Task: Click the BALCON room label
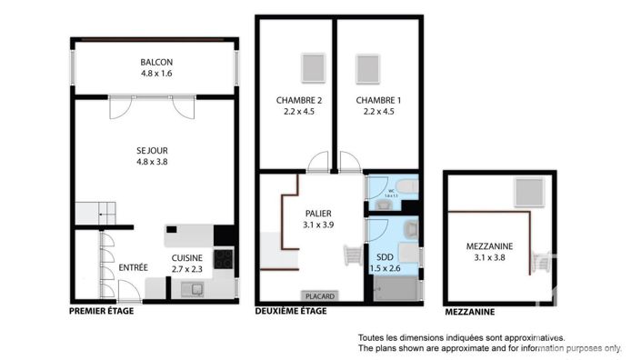tap(155, 62)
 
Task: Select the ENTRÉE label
tap(133, 267)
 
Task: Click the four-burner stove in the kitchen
tap(224, 260)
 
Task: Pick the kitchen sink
tap(194, 289)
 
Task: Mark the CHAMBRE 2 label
tap(299, 100)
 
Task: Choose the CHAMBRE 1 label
tap(377, 100)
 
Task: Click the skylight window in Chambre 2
tap(311, 68)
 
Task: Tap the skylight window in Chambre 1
tap(368, 68)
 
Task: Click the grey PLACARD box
tap(319, 295)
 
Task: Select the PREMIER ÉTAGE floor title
tap(102, 312)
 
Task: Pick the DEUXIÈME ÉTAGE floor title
tap(291, 312)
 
